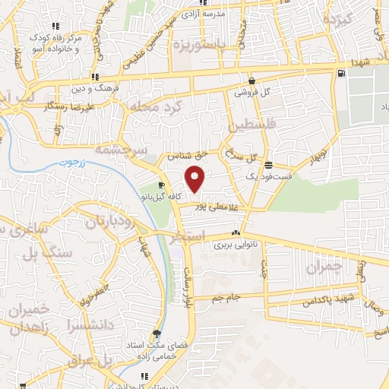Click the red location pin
click(196, 179)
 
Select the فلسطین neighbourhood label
click(242, 122)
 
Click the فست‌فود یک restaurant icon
click(268, 164)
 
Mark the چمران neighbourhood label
click(326, 267)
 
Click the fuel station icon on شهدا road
click(340, 73)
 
